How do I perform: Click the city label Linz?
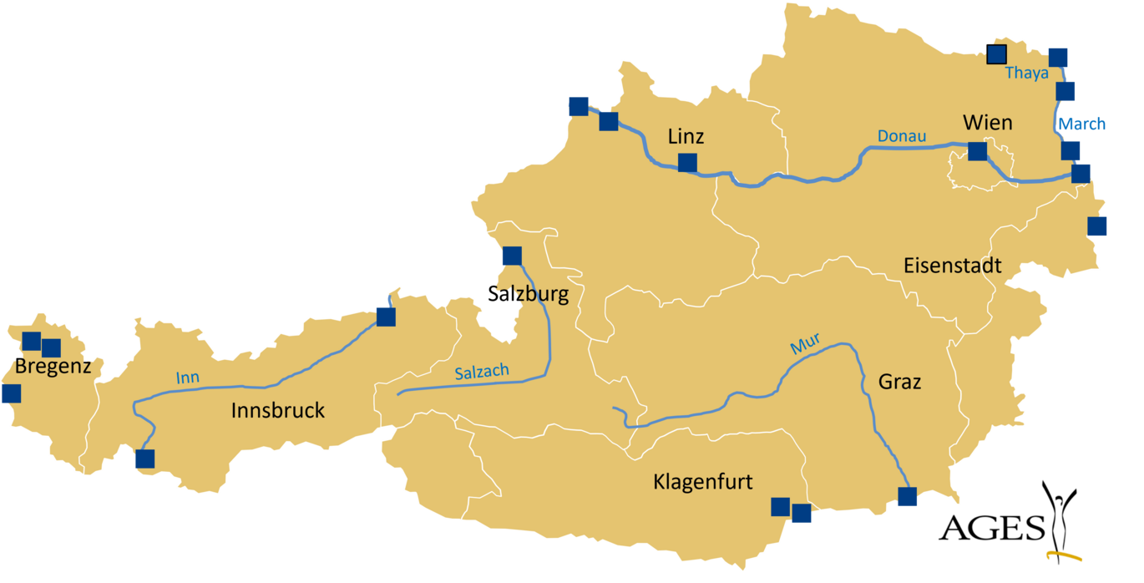[x=686, y=136]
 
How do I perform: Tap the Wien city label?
[x=987, y=123]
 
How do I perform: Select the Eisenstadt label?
[x=952, y=266]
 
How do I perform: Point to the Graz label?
[x=899, y=382]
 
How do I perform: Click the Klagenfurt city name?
[x=702, y=482]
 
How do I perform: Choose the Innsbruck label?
[x=277, y=410]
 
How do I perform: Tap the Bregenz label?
[x=53, y=367]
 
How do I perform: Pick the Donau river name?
[x=901, y=136]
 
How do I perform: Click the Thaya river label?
[x=1026, y=73]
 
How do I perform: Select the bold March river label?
[x=1082, y=124]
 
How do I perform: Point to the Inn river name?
[x=188, y=378]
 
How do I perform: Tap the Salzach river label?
[x=482, y=373]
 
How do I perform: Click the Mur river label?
[x=805, y=342]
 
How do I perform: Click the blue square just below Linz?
[x=687, y=163]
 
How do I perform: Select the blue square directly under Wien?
[x=977, y=151]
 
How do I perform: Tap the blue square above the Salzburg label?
[x=512, y=256]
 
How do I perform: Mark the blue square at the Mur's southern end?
[x=907, y=497]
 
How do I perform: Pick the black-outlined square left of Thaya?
[x=996, y=55]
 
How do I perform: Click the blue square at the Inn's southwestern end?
[x=145, y=459]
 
